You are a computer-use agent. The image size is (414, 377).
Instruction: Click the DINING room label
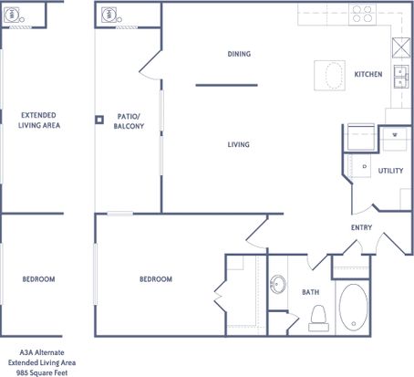coord(239,54)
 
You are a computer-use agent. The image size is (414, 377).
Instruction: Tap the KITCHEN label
coord(368,74)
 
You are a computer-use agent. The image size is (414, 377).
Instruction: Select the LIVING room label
coord(239,144)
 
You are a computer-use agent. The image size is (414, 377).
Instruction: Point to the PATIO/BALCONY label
coord(129,121)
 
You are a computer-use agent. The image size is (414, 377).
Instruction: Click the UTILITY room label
coord(390,171)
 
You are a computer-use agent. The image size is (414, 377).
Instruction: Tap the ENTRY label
coord(361,227)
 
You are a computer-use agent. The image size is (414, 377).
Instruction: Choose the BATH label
coord(311,292)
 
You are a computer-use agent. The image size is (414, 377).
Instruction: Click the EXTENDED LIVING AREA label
coord(39,120)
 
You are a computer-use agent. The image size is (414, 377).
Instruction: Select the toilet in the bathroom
coord(318,318)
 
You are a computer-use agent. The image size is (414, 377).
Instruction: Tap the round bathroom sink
coord(278,284)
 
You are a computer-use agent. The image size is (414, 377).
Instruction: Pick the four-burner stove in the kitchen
coord(362,14)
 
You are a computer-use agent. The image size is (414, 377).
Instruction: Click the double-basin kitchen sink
coord(401,77)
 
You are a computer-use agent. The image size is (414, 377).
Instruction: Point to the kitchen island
coord(329,76)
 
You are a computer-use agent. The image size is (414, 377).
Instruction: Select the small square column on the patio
coord(99,120)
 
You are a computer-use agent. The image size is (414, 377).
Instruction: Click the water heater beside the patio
coord(109,15)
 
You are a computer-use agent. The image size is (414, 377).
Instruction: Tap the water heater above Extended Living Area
coord(12,15)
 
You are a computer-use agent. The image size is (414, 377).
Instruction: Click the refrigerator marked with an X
coord(401,47)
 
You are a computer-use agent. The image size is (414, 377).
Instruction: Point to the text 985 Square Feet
coord(42,372)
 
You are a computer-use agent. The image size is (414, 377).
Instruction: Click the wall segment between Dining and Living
coord(227,85)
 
